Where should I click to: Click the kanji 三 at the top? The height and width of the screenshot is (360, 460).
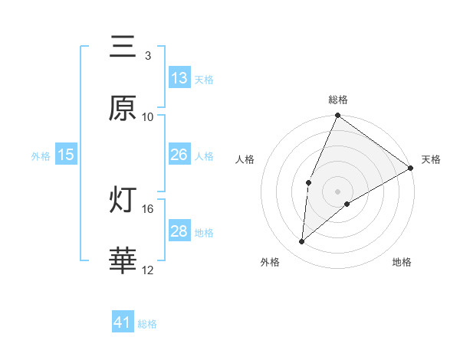pyautogui.click(x=123, y=47)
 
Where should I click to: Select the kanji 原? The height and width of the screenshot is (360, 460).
pyautogui.click(x=123, y=109)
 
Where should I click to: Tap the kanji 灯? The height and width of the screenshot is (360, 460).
pyautogui.click(x=123, y=201)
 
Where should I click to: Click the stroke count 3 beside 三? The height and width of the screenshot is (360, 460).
pyautogui.click(x=147, y=55)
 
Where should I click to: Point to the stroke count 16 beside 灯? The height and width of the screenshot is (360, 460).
pyautogui.click(x=148, y=208)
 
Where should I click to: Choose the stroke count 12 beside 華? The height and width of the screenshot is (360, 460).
pyautogui.click(x=148, y=270)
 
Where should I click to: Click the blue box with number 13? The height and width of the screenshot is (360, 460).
pyautogui.click(x=179, y=78)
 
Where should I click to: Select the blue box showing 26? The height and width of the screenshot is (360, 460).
pyautogui.click(x=179, y=155)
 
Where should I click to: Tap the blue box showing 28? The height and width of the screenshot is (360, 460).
pyautogui.click(x=179, y=231)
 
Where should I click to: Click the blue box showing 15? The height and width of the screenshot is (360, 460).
pyautogui.click(x=66, y=155)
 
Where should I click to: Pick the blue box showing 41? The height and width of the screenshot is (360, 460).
pyautogui.click(x=123, y=322)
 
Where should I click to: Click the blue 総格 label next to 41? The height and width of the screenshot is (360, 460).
pyautogui.click(x=147, y=324)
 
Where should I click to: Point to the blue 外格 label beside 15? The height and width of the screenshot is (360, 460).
pyautogui.click(x=41, y=155)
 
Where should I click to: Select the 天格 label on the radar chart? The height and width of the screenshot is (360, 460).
pyautogui.click(x=431, y=159)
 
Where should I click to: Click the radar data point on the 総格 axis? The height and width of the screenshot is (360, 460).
pyautogui.click(x=337, y=116)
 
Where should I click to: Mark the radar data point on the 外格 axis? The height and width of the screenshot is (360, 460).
pyautogui.click(x=302, y=242)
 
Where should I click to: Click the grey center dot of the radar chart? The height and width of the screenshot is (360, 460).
pyautogui.click(x=337, y=191)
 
